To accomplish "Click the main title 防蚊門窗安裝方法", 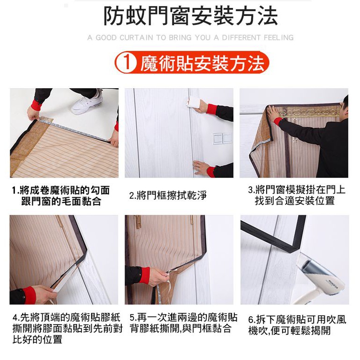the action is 191,15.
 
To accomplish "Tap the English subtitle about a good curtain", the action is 191,37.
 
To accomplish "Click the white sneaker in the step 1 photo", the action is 87,102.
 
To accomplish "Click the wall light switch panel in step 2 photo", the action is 222,139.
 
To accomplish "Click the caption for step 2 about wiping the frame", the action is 168,195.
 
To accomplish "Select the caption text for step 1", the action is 61,196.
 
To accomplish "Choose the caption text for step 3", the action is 297,195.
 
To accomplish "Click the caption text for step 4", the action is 67,328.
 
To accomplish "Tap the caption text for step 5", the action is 184,323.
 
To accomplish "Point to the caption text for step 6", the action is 297,325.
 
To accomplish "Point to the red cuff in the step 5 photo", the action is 144,275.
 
